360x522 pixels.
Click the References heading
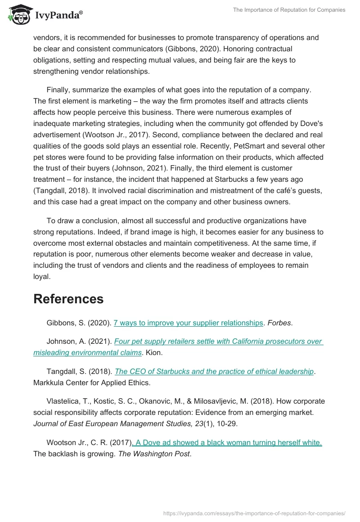68,299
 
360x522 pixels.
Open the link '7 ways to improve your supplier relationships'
188,323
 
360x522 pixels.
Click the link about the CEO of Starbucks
214,371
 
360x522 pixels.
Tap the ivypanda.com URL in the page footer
254,513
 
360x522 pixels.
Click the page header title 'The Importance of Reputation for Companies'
289,10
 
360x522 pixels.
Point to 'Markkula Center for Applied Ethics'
90,382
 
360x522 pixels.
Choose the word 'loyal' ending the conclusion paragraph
41,276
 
